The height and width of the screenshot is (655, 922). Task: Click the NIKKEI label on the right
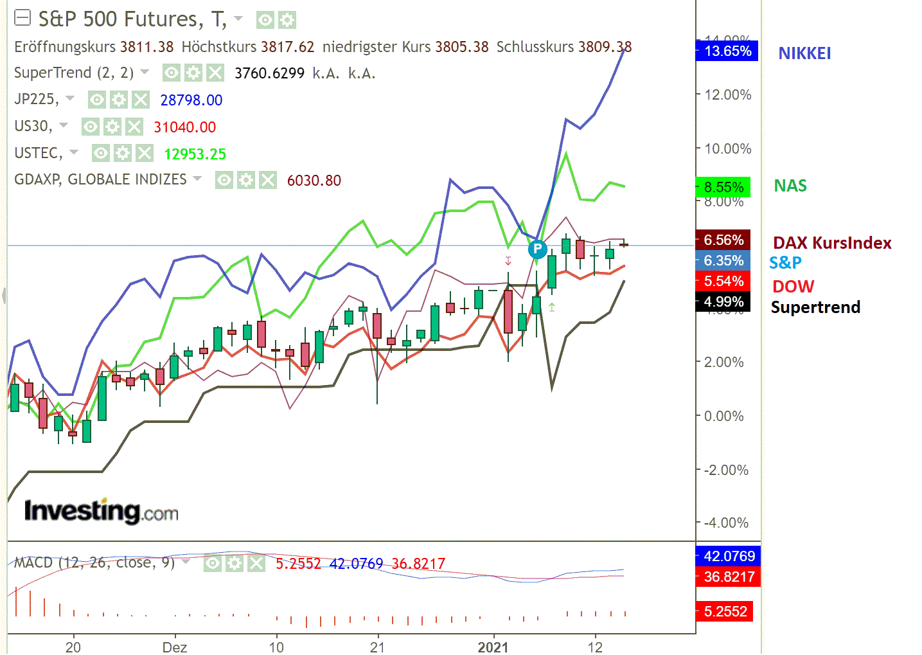[804, 53]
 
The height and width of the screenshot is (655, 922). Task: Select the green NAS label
[790, 186]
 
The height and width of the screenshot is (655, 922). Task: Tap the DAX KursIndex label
[832, 243]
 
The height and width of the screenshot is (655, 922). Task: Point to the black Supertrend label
[815, 307]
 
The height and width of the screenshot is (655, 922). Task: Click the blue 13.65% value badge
[727, 51]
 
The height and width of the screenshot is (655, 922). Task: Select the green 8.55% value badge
[723, 187]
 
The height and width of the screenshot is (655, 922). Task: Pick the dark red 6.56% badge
[723, 240]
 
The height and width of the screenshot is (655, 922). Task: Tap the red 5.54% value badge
[723, 281]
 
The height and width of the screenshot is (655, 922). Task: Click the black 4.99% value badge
[723, 301]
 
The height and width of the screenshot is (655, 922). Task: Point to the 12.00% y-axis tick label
[728, 94]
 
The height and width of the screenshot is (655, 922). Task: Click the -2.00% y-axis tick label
[726, 470]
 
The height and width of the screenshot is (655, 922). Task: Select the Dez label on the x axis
[175, 647]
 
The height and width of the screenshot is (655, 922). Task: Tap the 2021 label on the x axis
[493, 647]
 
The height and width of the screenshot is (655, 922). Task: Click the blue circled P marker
[537, 249]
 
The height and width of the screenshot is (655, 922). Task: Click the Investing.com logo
[101, 511]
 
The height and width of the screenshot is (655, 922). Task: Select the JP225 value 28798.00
[191, 100]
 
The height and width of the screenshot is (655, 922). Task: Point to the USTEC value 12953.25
[195, 154]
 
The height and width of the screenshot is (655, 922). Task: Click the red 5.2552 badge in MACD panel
[725, 611]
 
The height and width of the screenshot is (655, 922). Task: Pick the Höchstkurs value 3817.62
[287, 47]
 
